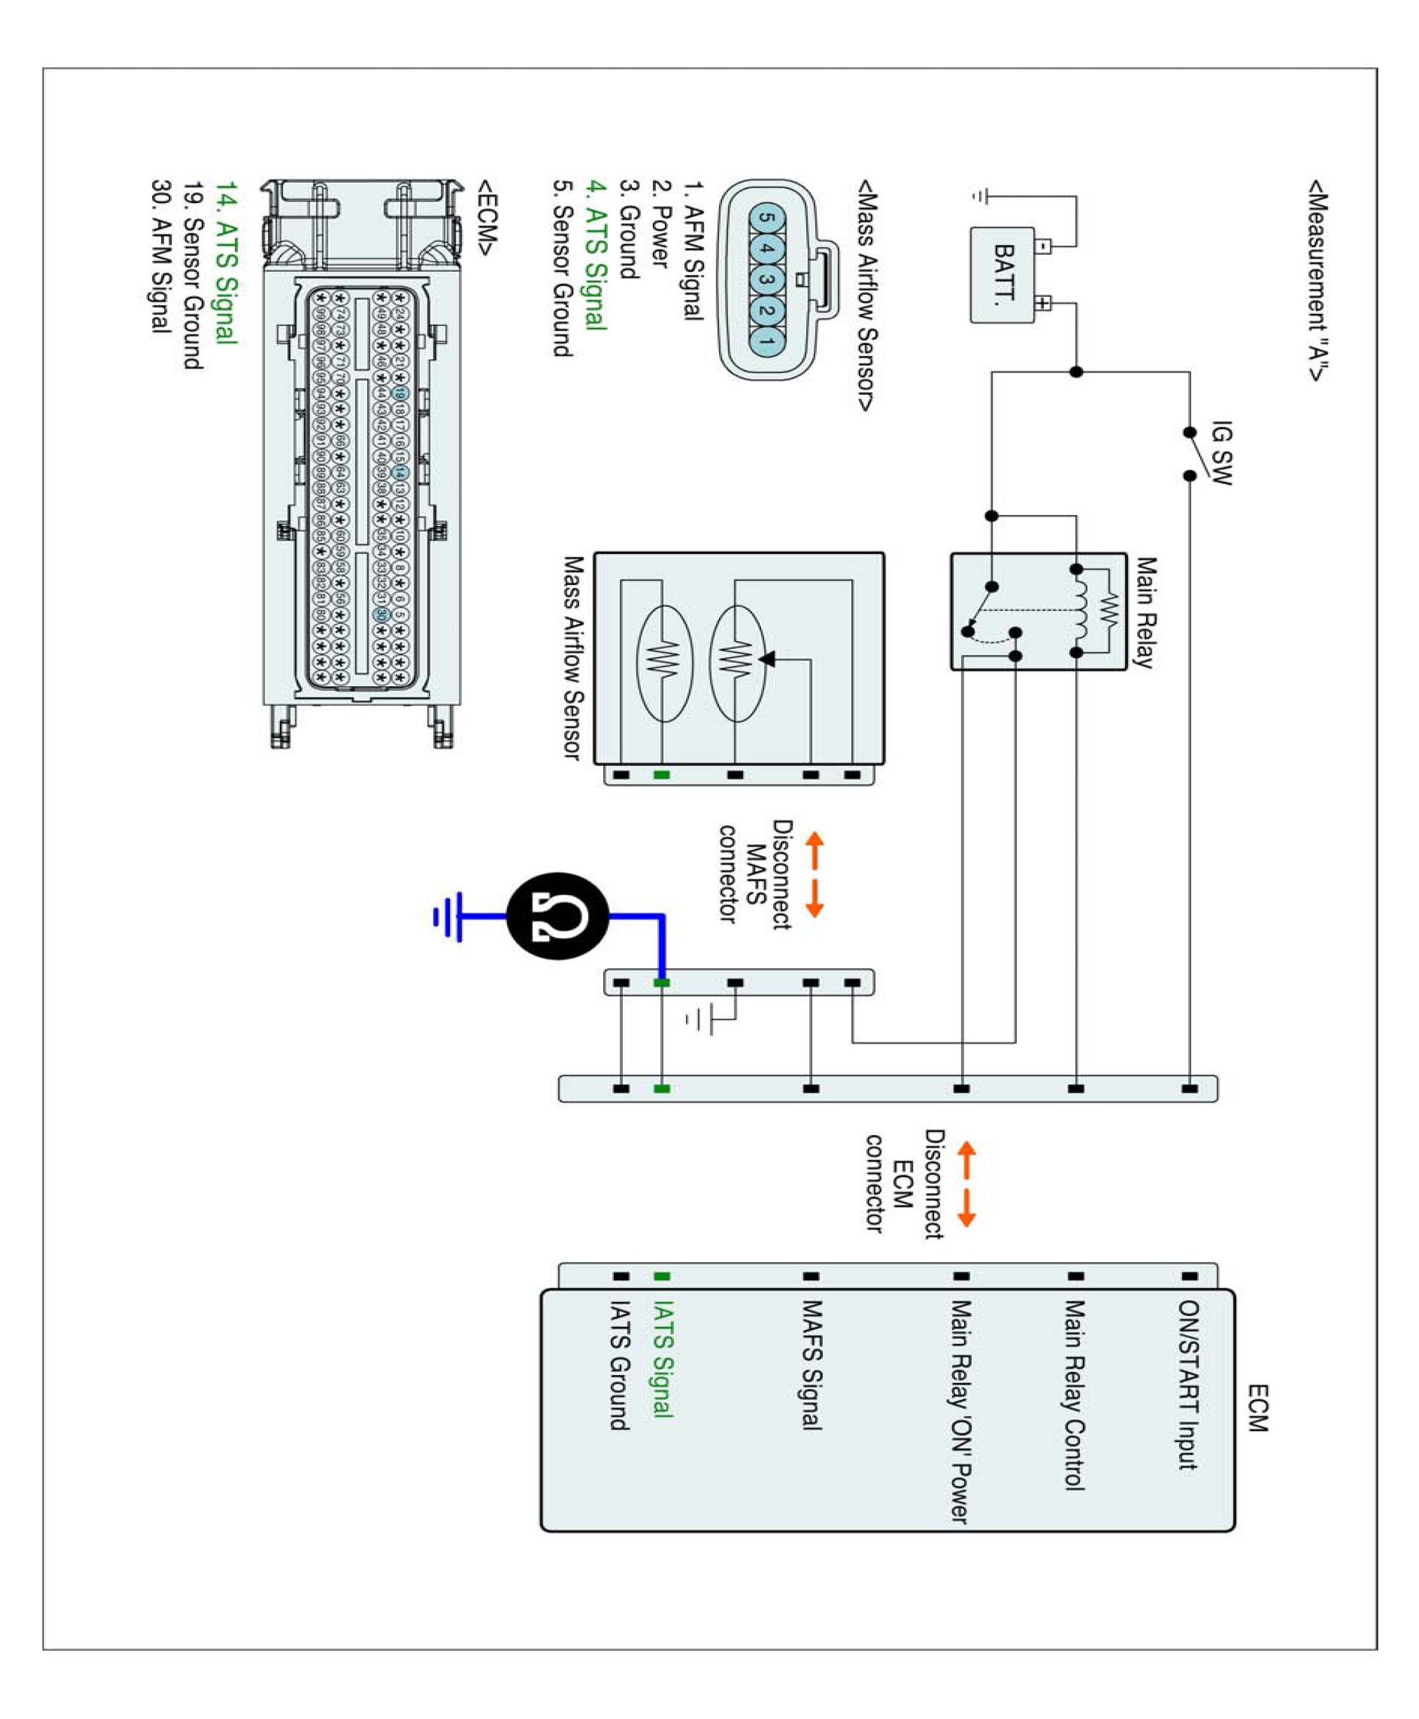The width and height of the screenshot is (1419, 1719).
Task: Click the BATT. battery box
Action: coord(1002,275)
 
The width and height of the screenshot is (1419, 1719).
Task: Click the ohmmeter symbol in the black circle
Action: coord(558,916)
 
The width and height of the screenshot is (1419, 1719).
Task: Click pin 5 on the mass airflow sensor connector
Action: coord(767,218)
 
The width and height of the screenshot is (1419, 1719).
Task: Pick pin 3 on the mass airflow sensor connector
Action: coord(767,279)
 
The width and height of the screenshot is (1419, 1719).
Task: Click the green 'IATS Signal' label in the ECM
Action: coord(663,1357)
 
